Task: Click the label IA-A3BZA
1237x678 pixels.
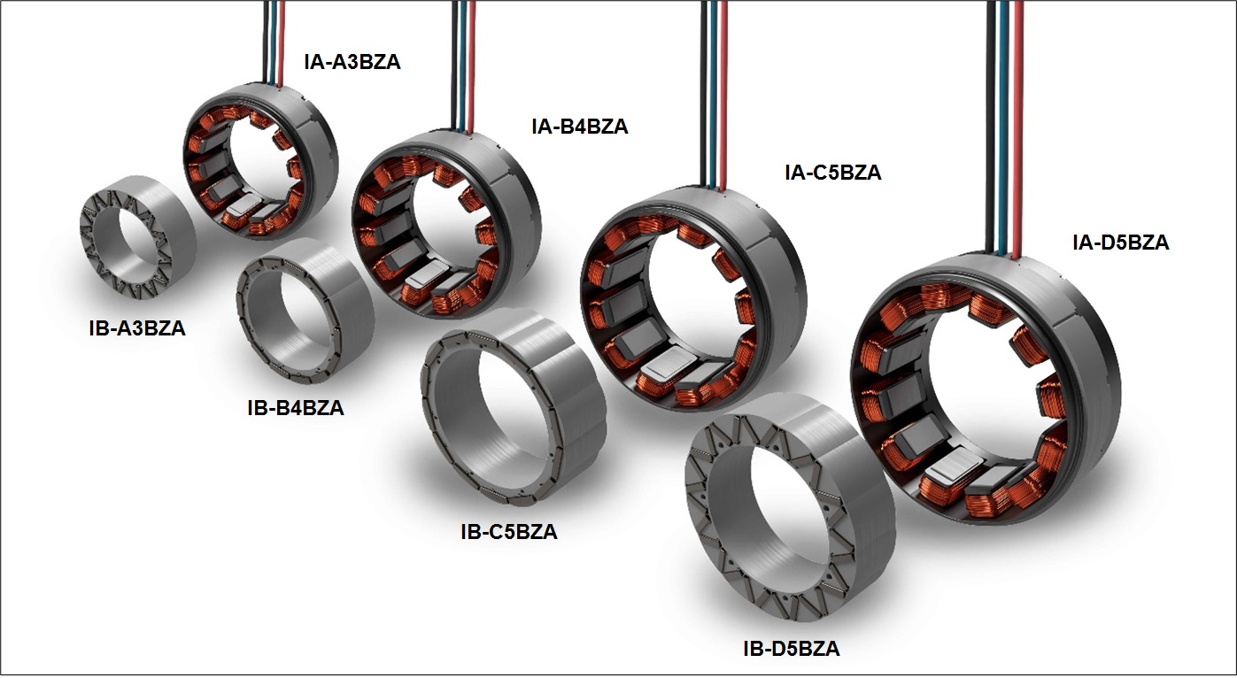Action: [x=352, y=62]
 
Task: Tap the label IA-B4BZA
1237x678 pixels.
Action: [x=580, y=127]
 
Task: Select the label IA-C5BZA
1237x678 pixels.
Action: [x=832, y=173]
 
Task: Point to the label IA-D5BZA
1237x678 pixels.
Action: [x=1120, y=243]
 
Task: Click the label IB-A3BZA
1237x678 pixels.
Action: [x=137, y=328]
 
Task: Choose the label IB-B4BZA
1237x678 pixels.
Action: [x=296, y=409]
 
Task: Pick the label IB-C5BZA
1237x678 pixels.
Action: [x=508, y=532]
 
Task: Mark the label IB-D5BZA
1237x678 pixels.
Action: [x=792, y=649]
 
